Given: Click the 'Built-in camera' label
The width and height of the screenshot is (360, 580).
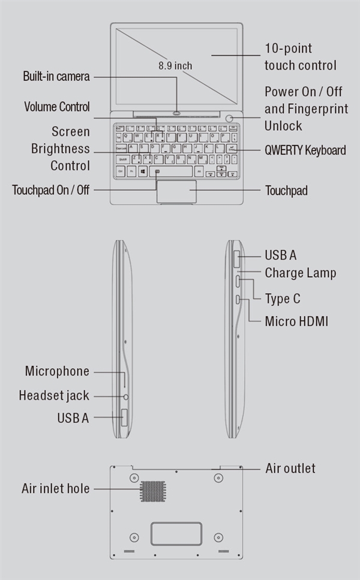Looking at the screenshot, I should click(x=56, y=77).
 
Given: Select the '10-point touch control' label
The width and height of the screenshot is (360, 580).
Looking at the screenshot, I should click(x=300, y=57).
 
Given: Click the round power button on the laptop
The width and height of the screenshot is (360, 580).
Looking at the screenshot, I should click(x=230, y=118).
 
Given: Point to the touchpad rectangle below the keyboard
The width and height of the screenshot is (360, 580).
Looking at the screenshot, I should click(x=176, y=191).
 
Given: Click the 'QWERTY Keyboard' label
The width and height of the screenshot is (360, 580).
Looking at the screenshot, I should click(x=305, y=150).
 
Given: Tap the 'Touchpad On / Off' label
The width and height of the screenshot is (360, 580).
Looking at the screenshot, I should click(x=50, y=190).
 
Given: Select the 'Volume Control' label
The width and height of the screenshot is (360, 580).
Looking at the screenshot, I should click(x=57, y=107).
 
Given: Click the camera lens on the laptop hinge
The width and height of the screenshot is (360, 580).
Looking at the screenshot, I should click(x=177, y=112).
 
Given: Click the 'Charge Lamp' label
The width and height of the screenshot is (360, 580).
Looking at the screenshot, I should click(x=300, y=273).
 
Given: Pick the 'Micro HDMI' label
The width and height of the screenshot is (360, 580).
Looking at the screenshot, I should click(x=296, y=321).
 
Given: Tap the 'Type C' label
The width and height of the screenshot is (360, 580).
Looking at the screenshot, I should click(x=283, y=298).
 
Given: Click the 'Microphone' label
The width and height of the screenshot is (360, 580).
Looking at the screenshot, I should click(x=57, y=371).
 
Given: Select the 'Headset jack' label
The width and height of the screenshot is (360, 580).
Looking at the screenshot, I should click(x=54, y=395).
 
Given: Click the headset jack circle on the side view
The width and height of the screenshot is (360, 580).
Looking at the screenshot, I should click(x=127, y=396).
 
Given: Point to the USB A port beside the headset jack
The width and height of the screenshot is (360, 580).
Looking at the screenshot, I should click(x=124, y=417).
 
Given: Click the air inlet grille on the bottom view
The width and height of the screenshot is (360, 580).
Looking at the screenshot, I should click(x=152, y=491).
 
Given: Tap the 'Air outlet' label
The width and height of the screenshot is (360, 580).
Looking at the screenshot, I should click(x=290, y=468).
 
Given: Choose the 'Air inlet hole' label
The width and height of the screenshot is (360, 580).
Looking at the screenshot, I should click(x=56, y=488).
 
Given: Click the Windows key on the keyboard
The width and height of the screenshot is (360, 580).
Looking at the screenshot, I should click(x=143, y=172).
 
